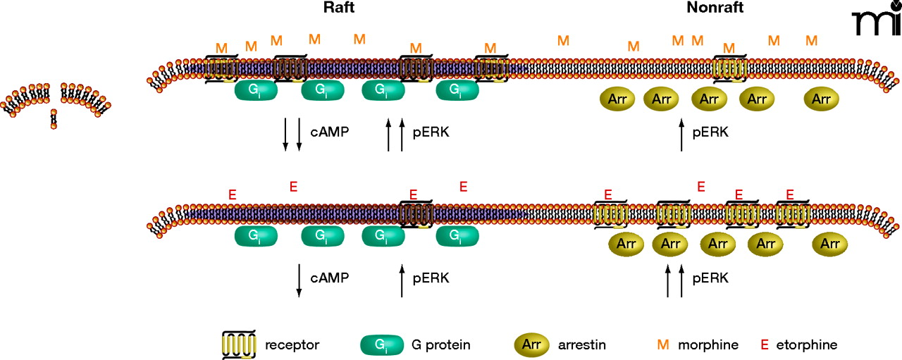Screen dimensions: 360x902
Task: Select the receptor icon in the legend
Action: pos(237,345)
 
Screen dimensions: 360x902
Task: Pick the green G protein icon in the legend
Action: pos(381,345)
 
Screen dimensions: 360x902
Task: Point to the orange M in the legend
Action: pos(662,345)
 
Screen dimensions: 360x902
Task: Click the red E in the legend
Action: pos(764,345)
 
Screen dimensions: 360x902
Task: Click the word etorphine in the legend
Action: pos(806,345)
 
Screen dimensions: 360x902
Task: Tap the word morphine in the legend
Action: pos(708,345)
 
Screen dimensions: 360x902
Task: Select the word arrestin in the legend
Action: pos(581,345)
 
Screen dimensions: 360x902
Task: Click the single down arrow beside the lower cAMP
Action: pos(299,280)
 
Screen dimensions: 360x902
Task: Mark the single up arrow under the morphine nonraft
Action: pos(681,135)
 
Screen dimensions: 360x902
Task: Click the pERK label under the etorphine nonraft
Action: pos(710,278)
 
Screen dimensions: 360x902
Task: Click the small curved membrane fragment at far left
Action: pos(54,102)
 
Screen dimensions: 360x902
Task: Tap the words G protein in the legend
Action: pos(440,345)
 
